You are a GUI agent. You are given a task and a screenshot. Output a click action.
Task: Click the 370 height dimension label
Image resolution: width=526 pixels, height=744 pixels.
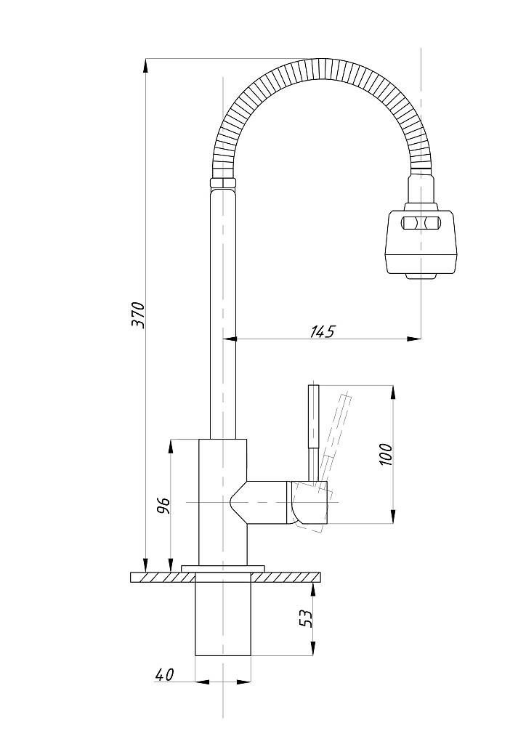tap(139, 314)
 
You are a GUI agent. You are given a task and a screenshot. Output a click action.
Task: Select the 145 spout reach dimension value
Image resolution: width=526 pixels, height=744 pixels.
tap(323, 331)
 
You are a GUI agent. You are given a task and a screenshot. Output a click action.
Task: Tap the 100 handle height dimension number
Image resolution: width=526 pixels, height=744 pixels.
tap(386, 453)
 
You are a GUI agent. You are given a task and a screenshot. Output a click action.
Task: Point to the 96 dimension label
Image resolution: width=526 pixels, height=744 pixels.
tap(163, 505)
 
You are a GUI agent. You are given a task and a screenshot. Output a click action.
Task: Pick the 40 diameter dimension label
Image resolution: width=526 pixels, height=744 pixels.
tap(165, 675)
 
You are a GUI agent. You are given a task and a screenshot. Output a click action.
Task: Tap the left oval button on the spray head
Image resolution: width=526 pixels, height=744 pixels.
tap(410, 223)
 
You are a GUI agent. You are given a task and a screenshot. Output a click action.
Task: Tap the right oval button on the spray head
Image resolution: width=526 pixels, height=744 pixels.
tap(434, 223)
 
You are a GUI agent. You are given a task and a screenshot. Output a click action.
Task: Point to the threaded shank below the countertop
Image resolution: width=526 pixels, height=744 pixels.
tap(224, 618)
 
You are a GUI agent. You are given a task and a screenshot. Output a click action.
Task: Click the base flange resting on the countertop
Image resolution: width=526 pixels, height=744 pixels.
tap(224, 567)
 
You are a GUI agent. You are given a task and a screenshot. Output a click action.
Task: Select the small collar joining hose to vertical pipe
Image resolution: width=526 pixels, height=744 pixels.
tap(223, 182)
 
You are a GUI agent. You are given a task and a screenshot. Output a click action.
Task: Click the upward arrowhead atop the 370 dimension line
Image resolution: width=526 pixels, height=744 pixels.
tap(145, 64)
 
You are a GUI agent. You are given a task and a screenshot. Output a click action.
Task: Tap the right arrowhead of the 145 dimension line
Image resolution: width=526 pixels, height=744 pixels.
tap(415, 338)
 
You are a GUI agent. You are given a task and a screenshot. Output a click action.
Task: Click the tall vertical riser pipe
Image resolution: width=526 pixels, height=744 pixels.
tap(223, 312)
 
